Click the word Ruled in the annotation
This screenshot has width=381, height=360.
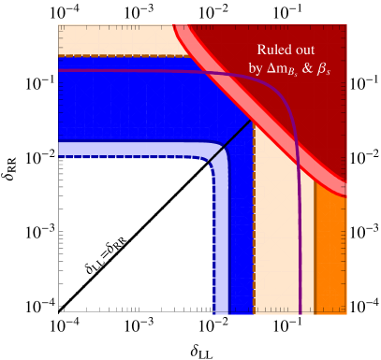pyautogui.click(x=274, y=50)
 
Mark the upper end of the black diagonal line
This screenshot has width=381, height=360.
pyautogui.click(x=249, y=120)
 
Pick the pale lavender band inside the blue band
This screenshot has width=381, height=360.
pyautogui.click(x=131, y=149)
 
